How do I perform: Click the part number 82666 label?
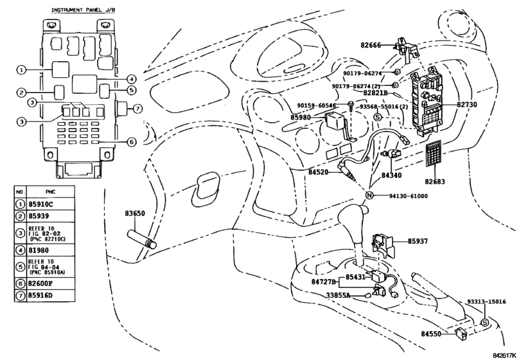tap(371, 45)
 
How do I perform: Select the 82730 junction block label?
tap(466, 104)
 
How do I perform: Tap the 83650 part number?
tap(135, 213)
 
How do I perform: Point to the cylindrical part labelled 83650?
tap(142, 239)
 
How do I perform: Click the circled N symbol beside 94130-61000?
tap(369, 195)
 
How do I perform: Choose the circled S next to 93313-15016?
tap(485, 323)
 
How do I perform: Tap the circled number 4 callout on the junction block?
tap(132, 79)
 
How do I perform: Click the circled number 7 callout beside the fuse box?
tap(137, 108)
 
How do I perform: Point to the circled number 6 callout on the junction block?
tap(132, 142)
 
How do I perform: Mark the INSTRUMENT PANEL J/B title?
tap(83, 10)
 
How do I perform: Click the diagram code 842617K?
tap(505, 355)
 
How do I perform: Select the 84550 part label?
tap(431, 334)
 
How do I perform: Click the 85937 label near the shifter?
tap(418, 241)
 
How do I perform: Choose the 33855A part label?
tap(338, 295)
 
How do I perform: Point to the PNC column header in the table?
tap(51, 192)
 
